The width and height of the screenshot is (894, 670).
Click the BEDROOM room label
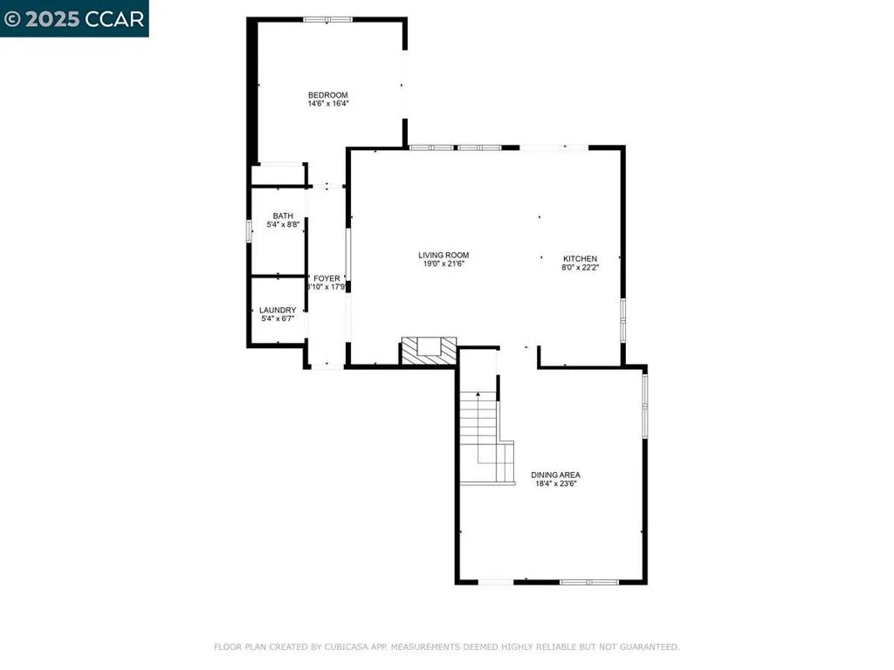pos(327,95)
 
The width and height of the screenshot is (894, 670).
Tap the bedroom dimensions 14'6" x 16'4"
pos(327,104)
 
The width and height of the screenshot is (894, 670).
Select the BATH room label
pos(283,215)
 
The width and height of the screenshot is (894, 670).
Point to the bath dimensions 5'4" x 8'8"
pos(283,224)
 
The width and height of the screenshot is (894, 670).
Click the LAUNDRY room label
pos(278,310)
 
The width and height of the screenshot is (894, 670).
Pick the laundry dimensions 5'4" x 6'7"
pos(278,318)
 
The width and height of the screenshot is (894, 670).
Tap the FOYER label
pos(327,278)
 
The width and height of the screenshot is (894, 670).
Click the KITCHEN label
pos(580,258)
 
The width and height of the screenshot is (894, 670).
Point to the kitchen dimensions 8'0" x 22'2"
pos(580,267)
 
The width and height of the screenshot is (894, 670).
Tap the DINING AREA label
pos(556,475)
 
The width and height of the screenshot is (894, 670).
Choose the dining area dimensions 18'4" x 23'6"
pos(556,483)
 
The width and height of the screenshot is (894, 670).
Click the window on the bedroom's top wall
pos(327,18)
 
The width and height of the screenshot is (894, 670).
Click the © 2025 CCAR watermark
pos(74,18)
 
